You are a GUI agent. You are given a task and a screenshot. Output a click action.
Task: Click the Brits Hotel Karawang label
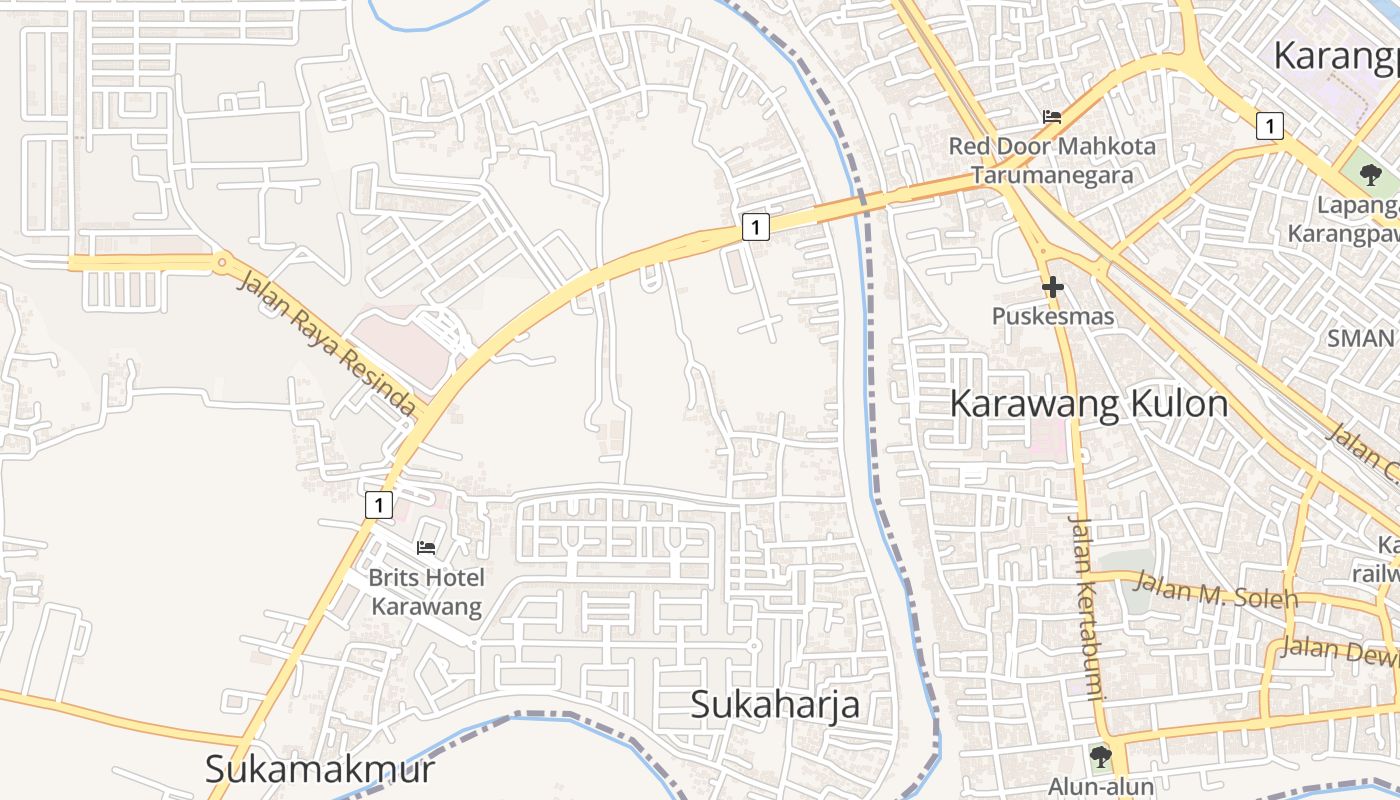tap(426, 592)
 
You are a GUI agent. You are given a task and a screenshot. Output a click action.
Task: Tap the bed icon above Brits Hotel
tap(426, 547)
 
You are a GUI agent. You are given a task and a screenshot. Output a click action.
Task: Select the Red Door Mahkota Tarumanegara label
tap(1052, 160)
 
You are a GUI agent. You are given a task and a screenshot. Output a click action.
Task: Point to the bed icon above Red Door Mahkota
tap(1052, 116)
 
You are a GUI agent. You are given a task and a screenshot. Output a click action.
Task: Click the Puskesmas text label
tap(1052, 316)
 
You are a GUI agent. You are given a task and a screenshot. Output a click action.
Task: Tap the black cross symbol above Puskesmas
tap(1052, 288)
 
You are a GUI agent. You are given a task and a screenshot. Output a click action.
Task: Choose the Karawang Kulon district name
tap(1088, 404)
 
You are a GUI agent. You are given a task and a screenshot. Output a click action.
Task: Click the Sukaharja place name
tap(775, 704)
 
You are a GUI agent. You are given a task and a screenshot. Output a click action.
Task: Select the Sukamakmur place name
tap(320, 769)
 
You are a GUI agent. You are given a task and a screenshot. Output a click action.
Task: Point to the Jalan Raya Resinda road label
tap(326, 341)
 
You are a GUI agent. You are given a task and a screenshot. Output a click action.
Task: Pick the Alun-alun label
tap(1101, 786)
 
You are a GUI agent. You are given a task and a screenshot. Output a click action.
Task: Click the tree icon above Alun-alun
tap(1101, 756)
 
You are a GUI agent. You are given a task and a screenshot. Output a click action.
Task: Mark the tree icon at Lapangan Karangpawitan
tap(1370, 175)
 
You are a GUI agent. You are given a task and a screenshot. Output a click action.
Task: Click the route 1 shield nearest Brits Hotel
tap(378, 505)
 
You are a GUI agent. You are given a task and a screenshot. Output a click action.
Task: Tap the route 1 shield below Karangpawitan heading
tap(1269, 126)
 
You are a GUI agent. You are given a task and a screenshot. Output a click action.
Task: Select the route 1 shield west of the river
tap(756, 228)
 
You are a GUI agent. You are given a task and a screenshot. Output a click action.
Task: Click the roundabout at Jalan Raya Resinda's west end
tap(221, 262)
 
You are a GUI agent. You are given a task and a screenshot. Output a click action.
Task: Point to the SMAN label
tap(1360, 338)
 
